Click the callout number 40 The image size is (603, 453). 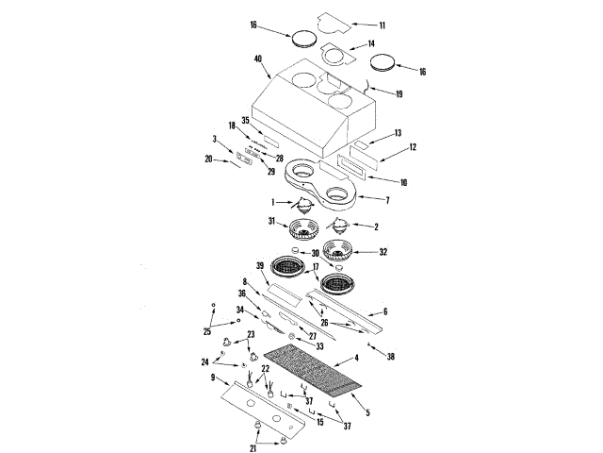coord(257,59)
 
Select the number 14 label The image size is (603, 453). coord(370,44)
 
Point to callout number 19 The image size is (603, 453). coord(399,94)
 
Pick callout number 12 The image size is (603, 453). coord(411,148)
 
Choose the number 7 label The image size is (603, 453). coord(386,200)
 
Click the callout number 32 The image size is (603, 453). coord(383,252)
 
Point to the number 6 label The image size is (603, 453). coord(383,311)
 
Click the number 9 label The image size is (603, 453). coord(213,377)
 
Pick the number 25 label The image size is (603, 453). coord(208,332)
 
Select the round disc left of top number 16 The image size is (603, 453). coord(303,39)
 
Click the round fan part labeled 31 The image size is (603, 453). coord(305,229)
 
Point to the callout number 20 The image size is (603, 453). coord(209,159)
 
